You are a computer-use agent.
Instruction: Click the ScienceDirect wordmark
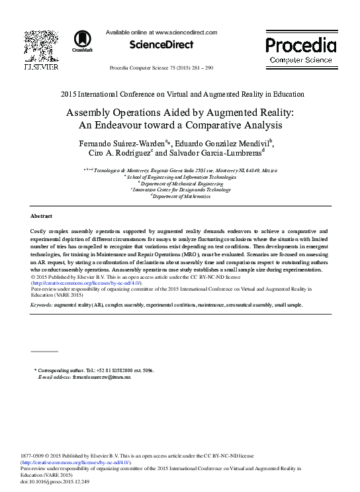pos(161,45)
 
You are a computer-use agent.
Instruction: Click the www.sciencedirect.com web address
pos(187,31)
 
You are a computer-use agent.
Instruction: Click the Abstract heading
pos(42,217)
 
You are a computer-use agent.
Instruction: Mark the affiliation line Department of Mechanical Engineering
pos(179,183)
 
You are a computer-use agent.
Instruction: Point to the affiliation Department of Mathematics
pos(179,196)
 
